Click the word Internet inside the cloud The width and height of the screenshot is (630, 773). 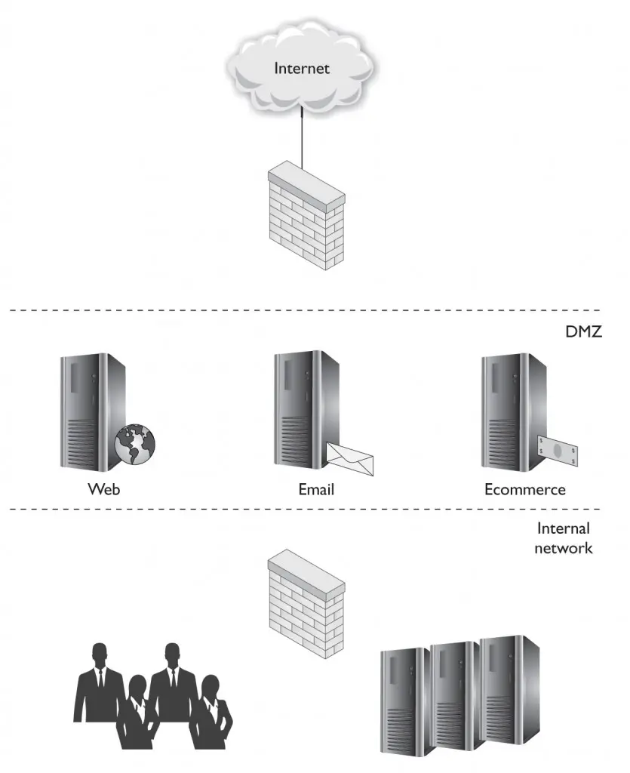coord(302,69)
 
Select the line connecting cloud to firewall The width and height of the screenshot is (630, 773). coord(302,140)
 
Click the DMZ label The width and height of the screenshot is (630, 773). coord(584,331)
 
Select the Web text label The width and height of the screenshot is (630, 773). coord(104,489)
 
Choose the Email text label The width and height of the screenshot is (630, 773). coord(316,489)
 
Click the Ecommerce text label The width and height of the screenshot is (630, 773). coord(524,489)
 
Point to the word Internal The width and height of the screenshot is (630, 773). coord(563,529)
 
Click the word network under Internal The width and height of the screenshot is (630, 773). coord(563,548)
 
